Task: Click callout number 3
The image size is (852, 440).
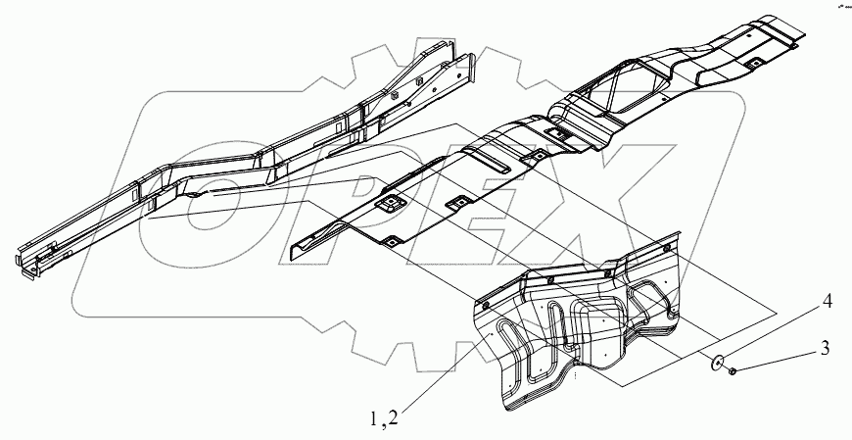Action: pyautogui.click(x=826, y=347)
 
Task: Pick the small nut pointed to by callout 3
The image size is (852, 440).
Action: pyautogui.click(x=734, y=369)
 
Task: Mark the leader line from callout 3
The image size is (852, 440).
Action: pyautogui.click(x=780, y=358)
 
